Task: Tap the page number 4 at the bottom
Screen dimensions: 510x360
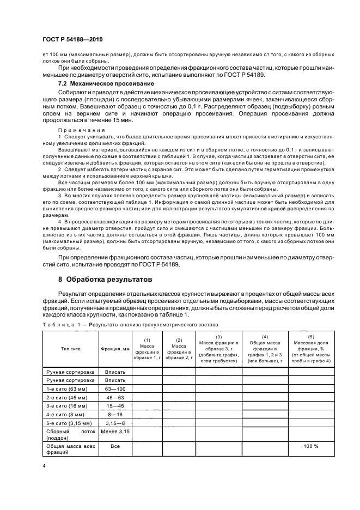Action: click(44, 466)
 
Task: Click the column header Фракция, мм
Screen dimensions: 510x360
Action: click(115, 348)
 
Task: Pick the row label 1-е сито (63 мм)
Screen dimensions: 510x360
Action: click(68, 389)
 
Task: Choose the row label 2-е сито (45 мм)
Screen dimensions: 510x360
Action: click(68, 398)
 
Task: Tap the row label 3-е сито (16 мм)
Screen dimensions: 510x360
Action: click(68, 406)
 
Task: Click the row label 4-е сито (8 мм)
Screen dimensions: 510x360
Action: click(66, 415)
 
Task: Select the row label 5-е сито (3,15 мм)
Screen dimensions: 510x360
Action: click(70, 424)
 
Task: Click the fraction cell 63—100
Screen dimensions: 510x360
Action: click(115, 389)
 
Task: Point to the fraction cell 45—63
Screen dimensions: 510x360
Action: click(115, 398)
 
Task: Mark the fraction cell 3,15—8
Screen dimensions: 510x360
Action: click(115, 424)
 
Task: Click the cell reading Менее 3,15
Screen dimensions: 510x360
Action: click(115, 432)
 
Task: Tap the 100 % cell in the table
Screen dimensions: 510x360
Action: click(312, 446)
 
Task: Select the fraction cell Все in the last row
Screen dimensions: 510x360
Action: click(115, 446)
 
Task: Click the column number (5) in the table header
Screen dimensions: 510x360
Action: click(312, 337)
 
